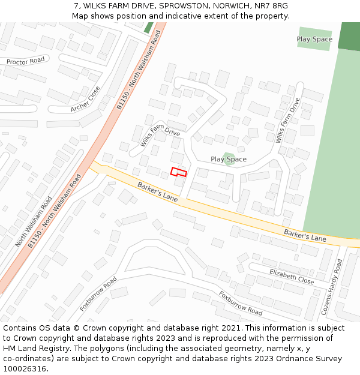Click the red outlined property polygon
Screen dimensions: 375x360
[x=179, y=172]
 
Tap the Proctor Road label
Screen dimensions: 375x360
[x=26, y=61]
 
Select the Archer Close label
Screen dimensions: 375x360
[x=85, y=100]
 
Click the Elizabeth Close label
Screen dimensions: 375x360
[x=292, y=275]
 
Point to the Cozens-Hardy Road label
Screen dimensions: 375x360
[x=332, y=287]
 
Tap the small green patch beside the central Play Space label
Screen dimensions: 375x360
[x=227, y=158]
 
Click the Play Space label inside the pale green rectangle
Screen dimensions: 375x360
[x=314, y=40]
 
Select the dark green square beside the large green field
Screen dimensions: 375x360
[x=349, y=35]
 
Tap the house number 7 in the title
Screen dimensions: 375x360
[x=76, y=6]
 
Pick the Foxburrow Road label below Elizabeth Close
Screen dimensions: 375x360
[x=240, y=304]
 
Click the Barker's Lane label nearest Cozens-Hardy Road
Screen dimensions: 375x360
[x=305, y=235]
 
